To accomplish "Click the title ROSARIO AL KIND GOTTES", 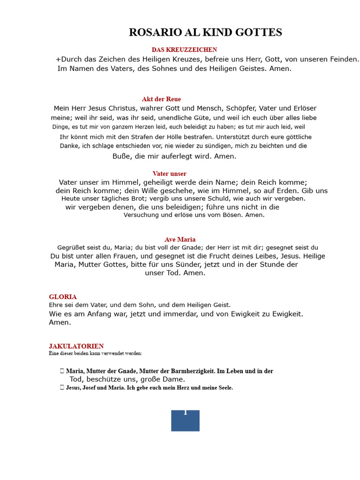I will point(205,32).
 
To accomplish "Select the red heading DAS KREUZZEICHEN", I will point(184,50).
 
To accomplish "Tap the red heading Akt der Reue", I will point(161,99).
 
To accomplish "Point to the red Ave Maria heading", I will point(180,240).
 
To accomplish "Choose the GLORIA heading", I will point(63,297).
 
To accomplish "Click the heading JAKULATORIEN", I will point(76,346).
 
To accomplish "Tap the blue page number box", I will point(185,420).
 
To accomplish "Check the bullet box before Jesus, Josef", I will point(62,388).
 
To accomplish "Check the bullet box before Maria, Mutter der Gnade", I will point(62,371).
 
